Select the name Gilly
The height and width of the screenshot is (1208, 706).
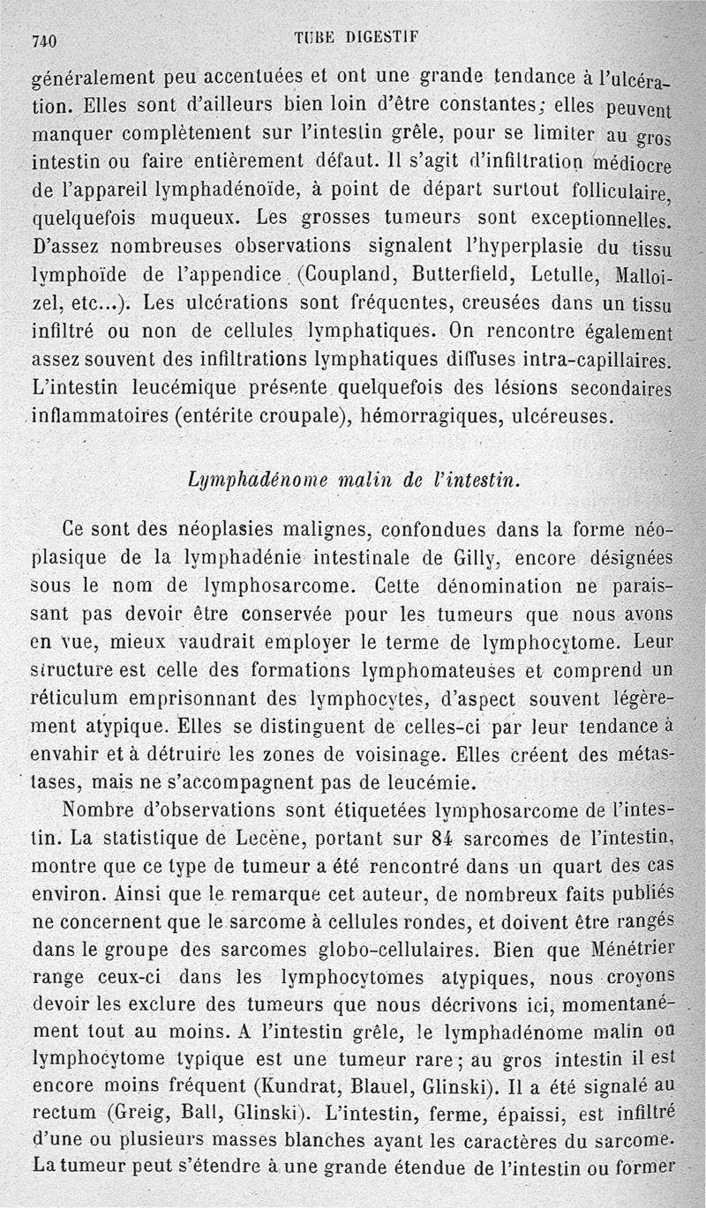click(x=469, y=558)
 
